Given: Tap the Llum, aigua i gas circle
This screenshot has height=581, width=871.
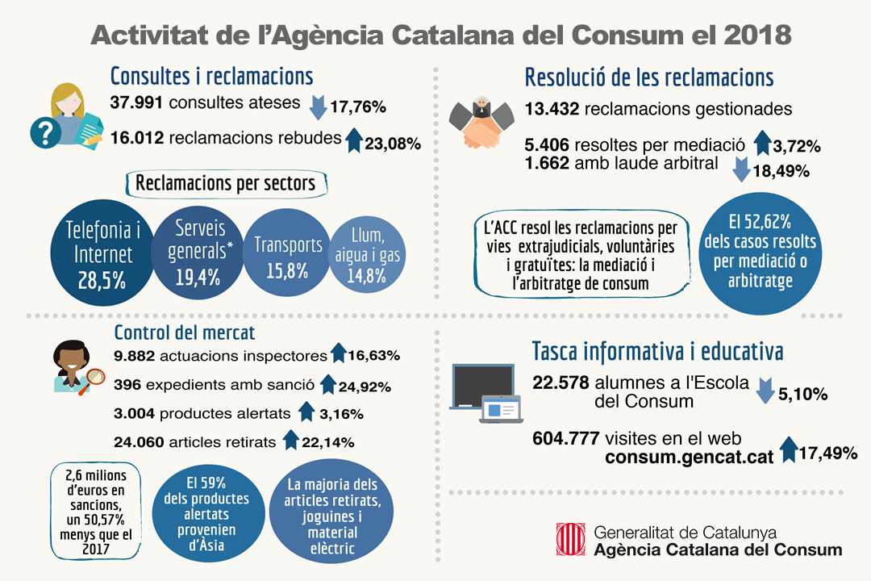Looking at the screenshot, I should click(370, 256).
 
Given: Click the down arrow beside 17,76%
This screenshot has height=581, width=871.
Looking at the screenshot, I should click(317, 106).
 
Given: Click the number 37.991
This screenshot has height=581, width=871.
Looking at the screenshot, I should click(136, 105).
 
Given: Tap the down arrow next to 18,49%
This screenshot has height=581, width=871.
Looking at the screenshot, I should click(743, 169).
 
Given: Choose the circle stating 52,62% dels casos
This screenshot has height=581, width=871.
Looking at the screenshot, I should click(765, 250).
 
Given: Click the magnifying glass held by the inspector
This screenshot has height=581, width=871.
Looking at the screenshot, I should click(96, 377).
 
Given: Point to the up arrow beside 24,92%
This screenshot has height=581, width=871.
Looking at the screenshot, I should click(327, 384).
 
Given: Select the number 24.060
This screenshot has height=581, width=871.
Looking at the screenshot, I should click(140, 441).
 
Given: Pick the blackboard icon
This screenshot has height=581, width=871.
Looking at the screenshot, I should click(481, 387).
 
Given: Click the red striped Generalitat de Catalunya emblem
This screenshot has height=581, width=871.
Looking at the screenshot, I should click(570, 539).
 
